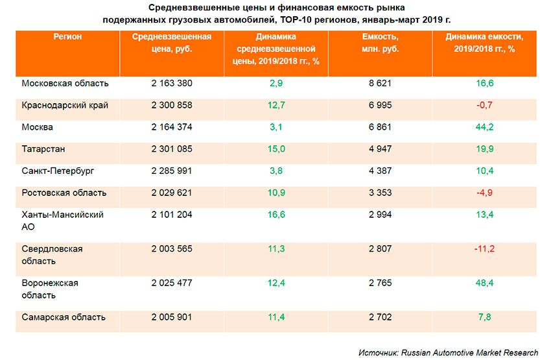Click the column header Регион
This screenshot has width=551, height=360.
(67, 37)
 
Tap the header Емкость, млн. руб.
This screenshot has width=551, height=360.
(381, 43)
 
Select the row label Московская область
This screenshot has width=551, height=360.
(65, 84)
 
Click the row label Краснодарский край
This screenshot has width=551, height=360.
(65, 105)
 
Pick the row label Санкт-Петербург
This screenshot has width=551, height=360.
(58, 171)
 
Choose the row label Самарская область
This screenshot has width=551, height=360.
(64, 318)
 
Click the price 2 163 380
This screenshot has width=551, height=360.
(171, 84)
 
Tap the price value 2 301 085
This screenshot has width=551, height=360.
(171, 149)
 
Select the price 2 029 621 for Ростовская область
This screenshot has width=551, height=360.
(171, 193)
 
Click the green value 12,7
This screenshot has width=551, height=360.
(276, 105)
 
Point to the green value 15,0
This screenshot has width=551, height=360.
(276, 149)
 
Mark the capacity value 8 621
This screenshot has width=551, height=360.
(381, 84)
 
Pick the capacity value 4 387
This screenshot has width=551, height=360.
(381, 171)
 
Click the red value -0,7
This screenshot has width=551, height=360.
(485, 105)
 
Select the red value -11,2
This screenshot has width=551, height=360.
(485, 249)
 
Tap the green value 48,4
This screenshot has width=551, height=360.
(485, 283)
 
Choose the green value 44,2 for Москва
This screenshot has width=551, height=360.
(485, 127)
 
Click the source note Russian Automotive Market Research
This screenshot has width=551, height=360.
(469, 353)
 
